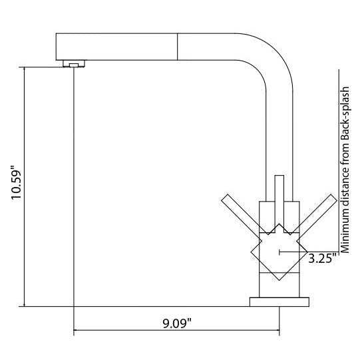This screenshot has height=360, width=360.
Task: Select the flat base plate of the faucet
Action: (279, 302)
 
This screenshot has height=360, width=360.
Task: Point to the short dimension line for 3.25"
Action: (293, 252)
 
